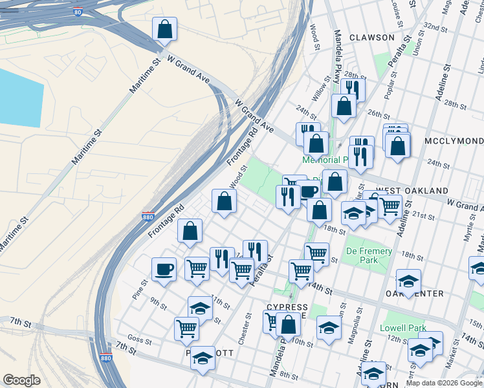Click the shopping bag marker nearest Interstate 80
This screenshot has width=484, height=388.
[164, 29]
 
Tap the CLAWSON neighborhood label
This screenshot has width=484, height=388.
[372, 38]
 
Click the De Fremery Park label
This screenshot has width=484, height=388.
[369, 255]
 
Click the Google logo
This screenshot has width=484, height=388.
[21, 380]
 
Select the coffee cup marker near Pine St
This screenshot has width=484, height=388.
[164, 269]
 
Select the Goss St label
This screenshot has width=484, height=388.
[139, 338]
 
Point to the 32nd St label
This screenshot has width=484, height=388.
[436, 29]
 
